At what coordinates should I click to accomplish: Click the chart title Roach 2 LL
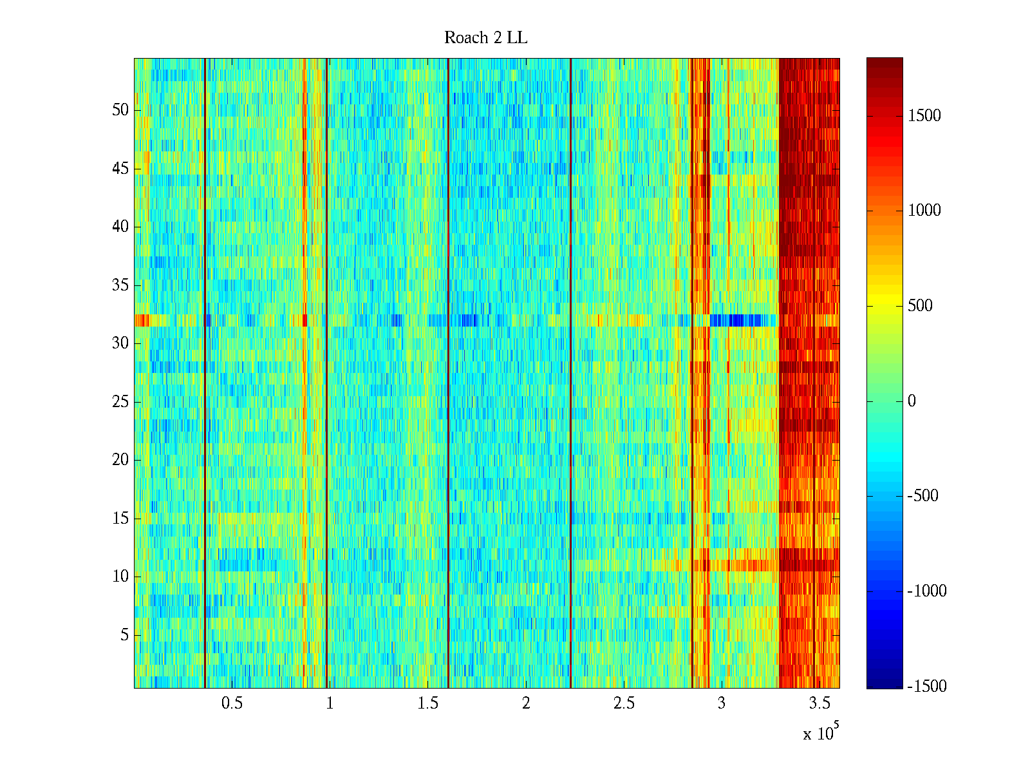click(x=485, y=38)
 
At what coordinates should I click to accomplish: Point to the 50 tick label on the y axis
click(x=120, y=110)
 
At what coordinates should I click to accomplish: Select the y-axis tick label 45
click(x=120, y=169)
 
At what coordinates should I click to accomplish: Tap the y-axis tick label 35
click(x=120, y=285)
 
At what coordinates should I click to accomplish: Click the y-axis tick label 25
click(x=120, y=401)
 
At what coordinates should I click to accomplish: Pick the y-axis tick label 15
click(x=120, y=518)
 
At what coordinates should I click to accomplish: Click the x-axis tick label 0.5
click(x=232, y=703)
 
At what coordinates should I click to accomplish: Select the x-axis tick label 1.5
click(x=427, y=703)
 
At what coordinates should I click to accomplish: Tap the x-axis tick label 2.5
click(x=624, y=703)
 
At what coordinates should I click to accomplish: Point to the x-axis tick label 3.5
click(x=819, y=703)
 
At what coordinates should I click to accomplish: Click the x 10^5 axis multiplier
click(x=820, y=732)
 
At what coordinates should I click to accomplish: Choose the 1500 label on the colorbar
click(x=924, y=116)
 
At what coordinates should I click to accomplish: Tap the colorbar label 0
click(x=912, y=401)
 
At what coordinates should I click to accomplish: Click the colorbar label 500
click(x=921, y=306)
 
